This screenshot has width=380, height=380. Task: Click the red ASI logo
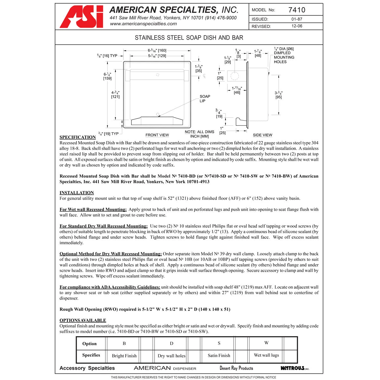[x=81, y=17]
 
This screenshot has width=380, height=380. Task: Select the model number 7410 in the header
[x=297, y=10]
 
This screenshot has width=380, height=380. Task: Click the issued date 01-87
[x=297, y=19]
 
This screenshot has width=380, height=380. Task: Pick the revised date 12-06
[x=297, y=26]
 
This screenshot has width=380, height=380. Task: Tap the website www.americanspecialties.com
[x=143, y=24]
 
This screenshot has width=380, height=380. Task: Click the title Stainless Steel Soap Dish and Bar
[x=189, y=38]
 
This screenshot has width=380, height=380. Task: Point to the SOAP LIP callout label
[x=205, y=98]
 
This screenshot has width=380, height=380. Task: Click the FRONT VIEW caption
[x=157, y=135]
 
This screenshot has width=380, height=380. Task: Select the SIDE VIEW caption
[x=263, y=135]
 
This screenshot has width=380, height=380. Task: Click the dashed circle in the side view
[x=235, y=76]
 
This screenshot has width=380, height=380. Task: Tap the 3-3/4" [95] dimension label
[x=278, y=95]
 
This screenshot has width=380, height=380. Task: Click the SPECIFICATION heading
[x=78, y=137]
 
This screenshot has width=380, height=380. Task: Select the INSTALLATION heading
[x=77, y=193]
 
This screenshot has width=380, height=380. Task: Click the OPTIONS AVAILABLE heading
[x=83, y=320]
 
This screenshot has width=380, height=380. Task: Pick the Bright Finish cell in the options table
[x=124, y=356]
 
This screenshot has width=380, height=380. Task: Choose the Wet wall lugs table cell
[x=266, y=355]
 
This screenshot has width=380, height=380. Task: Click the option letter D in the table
[x=172, y=344]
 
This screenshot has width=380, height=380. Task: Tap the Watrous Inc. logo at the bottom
[x=295, y=368]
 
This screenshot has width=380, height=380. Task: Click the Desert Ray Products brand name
[x=236, y=368]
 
